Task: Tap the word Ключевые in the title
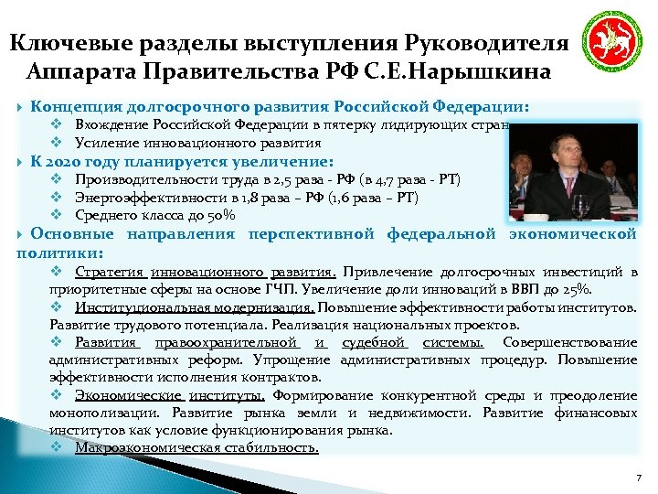coord(66,44)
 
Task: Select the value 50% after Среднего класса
coord(221,215)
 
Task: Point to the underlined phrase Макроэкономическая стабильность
coord(196,448)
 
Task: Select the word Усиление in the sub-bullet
coord(102,143)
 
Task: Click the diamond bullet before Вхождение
coord(56,124)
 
